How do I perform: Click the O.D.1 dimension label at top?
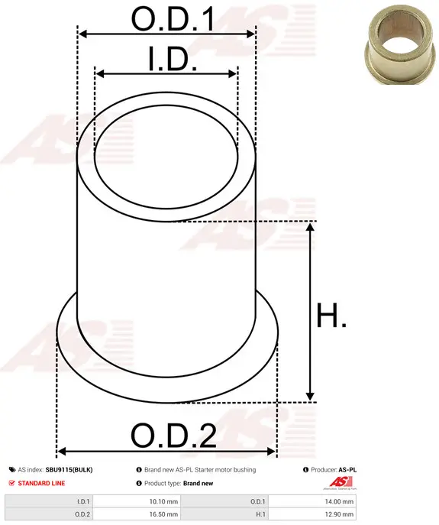click(173, 19)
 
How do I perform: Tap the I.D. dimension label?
click(173, 59)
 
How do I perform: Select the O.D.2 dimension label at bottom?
click(173, 436)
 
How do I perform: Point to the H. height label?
click(331, 315)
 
